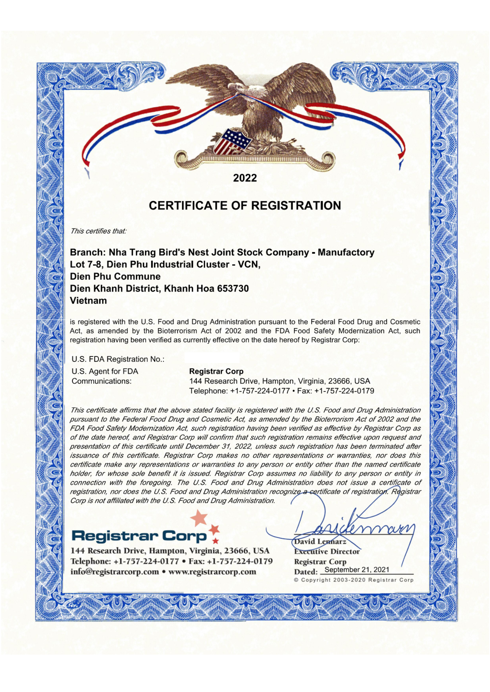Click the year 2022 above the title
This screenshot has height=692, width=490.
245,178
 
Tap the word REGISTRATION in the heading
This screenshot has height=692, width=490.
296,206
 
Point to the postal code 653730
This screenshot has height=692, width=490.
233,289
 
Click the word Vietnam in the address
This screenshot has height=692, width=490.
88,301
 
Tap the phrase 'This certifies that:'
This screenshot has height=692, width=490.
98,231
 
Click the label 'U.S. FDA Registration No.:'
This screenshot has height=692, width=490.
118,359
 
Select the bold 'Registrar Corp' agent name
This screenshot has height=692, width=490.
216,371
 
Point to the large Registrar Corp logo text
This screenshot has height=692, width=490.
139,536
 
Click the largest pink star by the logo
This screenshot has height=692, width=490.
199,518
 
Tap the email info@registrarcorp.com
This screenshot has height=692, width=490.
115,572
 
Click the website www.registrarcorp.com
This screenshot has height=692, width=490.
212,572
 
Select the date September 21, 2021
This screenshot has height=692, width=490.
357,570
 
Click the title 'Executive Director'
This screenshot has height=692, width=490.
327,552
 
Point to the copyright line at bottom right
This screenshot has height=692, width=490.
354,580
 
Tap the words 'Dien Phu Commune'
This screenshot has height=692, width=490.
115,276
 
